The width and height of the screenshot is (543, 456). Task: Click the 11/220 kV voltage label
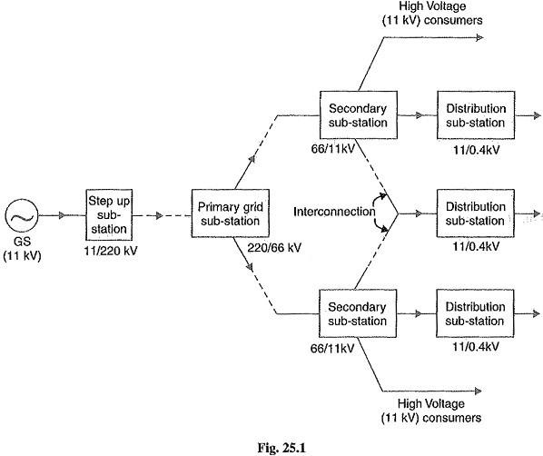tap(111, 251)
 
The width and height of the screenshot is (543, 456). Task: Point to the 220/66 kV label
tap(274, 248)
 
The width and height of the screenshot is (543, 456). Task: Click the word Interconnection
tap(334, 212)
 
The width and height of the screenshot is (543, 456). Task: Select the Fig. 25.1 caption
tap(281, 448)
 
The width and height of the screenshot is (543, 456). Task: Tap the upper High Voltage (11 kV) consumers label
tap(432, 13)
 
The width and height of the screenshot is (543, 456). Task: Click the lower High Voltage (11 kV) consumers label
tap(431, 411)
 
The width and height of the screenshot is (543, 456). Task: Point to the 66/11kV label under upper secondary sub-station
tap(333, 149)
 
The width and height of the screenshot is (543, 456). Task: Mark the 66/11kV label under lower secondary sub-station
tap(332, 348)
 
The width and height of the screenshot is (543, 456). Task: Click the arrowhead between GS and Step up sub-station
tap(62, 215)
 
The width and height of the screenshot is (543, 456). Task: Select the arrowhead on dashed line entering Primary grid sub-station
tap(159, 215)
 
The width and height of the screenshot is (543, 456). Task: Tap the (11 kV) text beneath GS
tap(22, 256)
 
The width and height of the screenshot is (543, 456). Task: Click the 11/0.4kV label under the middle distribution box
tap(476, 246)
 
